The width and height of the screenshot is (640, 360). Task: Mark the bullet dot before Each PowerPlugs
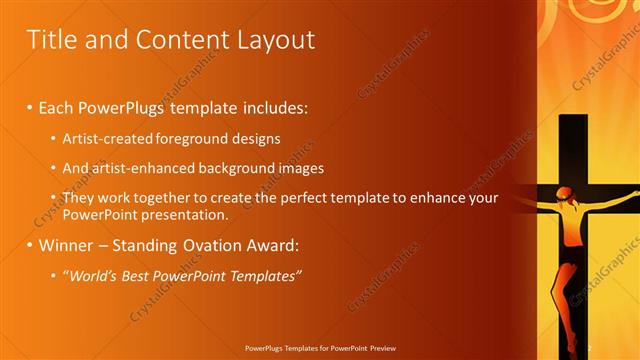[x=29, y=107]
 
